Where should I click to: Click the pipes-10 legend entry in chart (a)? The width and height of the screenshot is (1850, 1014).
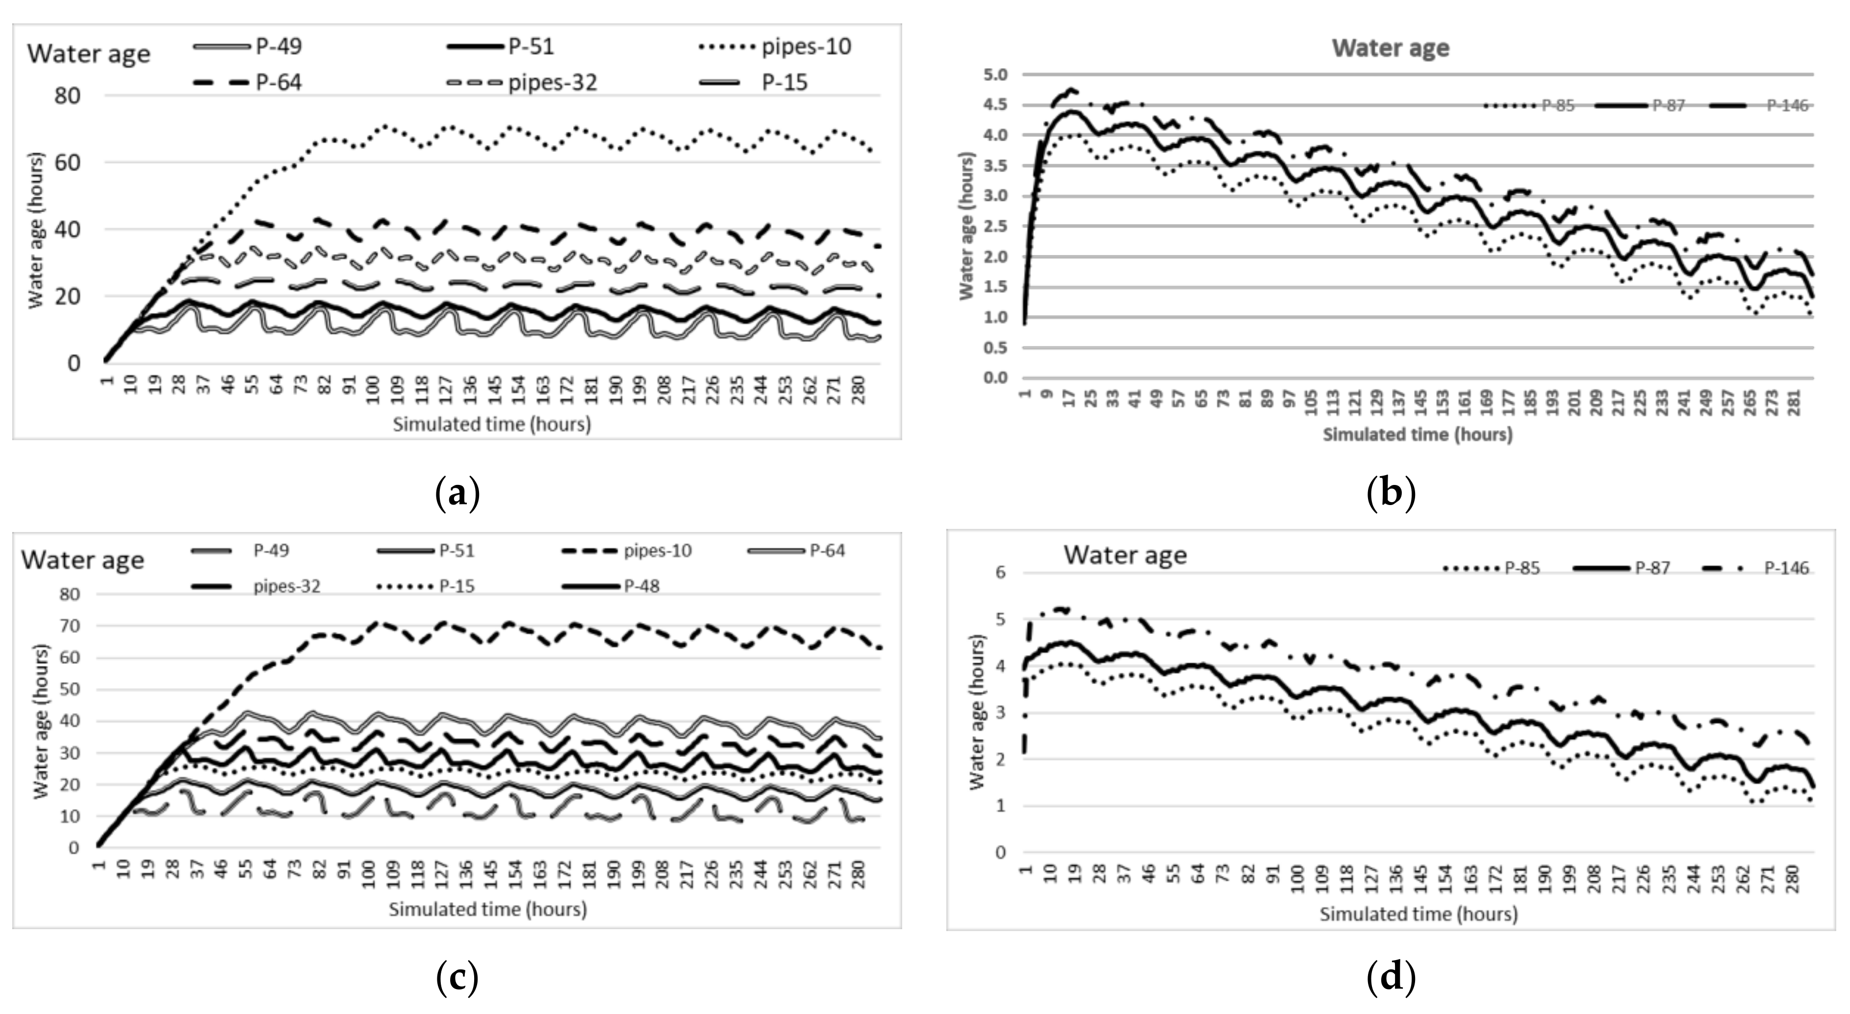point(805,47)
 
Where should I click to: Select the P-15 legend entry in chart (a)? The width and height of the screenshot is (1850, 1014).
point(784,82)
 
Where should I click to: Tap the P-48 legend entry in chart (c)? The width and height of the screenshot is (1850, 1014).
point(641,586)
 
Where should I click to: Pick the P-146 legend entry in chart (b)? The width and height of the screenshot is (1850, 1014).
point(1787,105)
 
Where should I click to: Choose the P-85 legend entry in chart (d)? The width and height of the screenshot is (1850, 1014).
point(1522,568)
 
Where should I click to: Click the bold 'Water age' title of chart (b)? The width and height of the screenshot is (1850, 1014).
point(1391,48)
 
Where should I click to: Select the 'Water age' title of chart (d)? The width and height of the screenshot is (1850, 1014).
point(1125,555)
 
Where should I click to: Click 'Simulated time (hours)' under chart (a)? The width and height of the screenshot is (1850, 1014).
point(491,425)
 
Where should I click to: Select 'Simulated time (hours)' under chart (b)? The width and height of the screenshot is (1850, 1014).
point(1417,434)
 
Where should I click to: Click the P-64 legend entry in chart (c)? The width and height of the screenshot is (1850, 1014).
point(827,551)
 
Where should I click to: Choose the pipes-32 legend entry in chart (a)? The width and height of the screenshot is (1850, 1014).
point(552,82)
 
